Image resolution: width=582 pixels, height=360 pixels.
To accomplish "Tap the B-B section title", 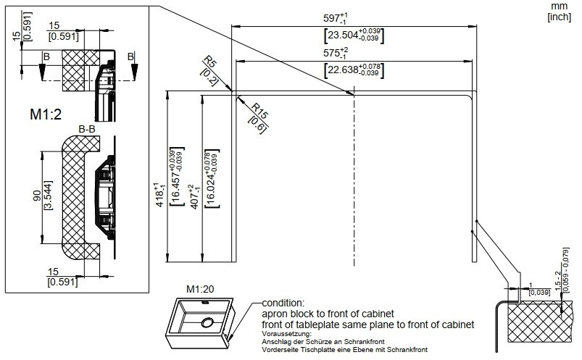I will (88, 129).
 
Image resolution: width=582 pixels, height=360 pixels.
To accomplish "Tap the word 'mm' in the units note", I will (559, 5).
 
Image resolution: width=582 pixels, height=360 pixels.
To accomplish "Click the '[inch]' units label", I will (559, 15).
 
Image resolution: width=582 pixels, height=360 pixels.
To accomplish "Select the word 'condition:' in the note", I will (285, 303).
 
